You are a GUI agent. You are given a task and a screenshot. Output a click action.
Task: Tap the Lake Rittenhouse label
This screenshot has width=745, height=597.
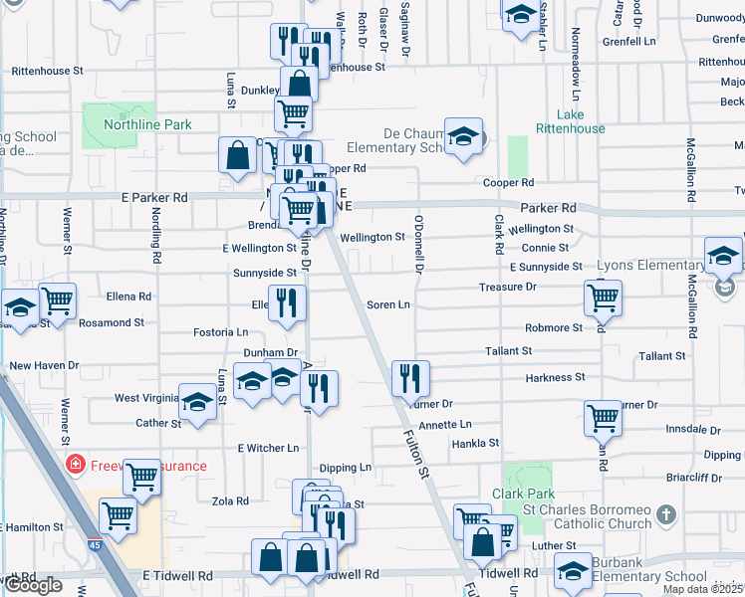pos(569,121)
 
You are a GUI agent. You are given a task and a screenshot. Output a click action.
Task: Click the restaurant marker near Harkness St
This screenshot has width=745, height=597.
pos(410,378)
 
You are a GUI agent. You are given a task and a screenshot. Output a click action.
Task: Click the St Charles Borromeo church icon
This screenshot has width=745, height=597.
pos(666,515)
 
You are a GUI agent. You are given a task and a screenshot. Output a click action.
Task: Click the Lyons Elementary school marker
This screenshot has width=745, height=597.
pos(723,256)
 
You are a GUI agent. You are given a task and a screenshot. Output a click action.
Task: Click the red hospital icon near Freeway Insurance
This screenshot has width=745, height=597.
pos(74,465)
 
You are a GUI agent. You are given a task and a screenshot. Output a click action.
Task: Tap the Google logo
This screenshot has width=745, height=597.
pos(34,585)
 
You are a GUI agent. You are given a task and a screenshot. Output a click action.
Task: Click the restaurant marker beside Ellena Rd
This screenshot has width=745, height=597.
pos(287,303)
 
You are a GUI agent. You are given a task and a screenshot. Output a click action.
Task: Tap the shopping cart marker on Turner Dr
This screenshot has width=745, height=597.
pos(604,419)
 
